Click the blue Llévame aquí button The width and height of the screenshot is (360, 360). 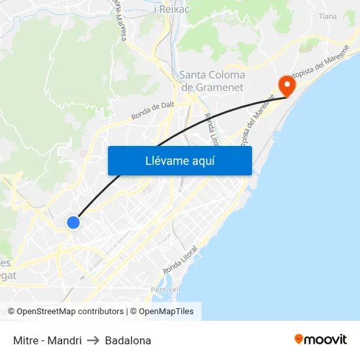[x=179, y=160]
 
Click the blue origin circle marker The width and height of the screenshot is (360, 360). [x=73, y=223]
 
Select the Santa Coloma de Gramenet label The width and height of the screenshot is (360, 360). [x=212, y=81]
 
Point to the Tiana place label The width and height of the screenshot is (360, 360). [x=327, y=16]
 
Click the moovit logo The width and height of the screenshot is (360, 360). [x=320, y=340]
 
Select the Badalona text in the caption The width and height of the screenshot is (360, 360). [x=128, y=340]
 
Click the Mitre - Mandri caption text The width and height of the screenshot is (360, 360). [x=47, y=340]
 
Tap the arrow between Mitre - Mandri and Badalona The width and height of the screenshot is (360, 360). [x=93, y=340]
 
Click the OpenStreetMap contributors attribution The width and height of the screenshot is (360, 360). [x=70, y=312]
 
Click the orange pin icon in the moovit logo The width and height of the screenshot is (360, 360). [x=298, y=340]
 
